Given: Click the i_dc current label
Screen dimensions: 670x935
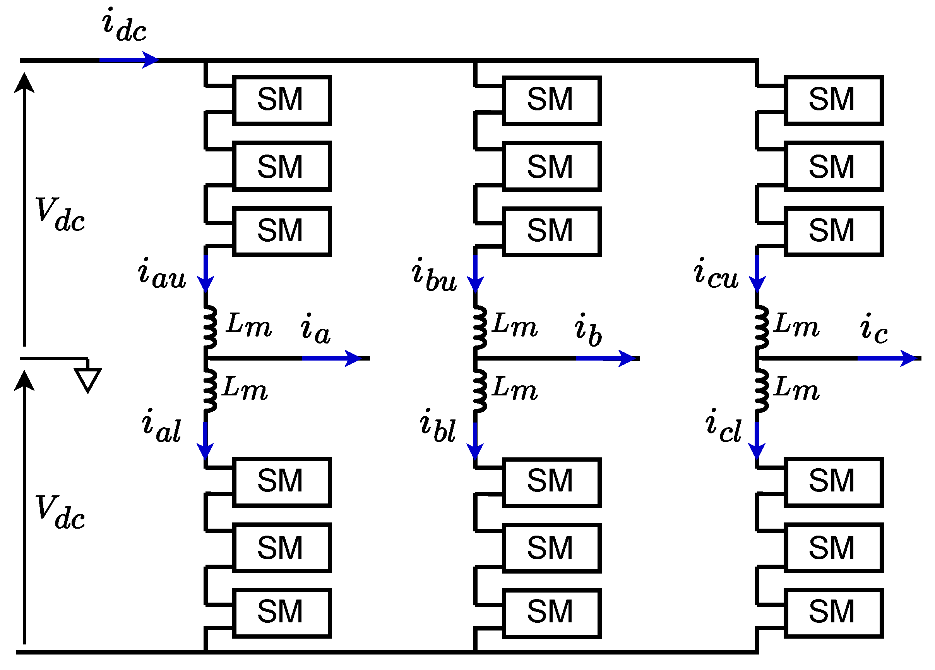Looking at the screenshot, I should pyautogui.click(x=124, y=26).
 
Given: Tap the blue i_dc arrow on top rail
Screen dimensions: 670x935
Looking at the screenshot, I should pyautogui.click(x=128, y=60).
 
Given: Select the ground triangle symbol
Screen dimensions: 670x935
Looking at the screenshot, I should pyautogui.click(x=88, y=380).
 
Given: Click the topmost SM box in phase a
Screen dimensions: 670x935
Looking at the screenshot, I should pyautogui.click(x=282, y=100).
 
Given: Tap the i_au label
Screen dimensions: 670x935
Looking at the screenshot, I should pyautogui.click(x=162, y=273).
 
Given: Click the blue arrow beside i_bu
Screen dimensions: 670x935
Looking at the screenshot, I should pyautogui.click(x=475, y=274).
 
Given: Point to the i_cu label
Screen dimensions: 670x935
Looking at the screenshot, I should pyautogui.click(x=716, y=273).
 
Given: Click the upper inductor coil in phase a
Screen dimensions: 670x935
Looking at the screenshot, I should pyautogui.click(x=210, y=327).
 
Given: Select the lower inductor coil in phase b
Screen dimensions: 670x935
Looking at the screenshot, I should pyautogui.click(x=480, y=391).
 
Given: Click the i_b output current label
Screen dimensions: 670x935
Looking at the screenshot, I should pyautogui.click(x=588, y=330).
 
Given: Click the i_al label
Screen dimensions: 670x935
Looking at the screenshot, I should pyautogui.click(x=161, y=426).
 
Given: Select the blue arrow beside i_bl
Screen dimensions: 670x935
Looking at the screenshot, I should pyautogui.click(x=475, y=441).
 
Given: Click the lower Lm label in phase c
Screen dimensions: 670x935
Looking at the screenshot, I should pyautogui.click(x=796, y=389).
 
